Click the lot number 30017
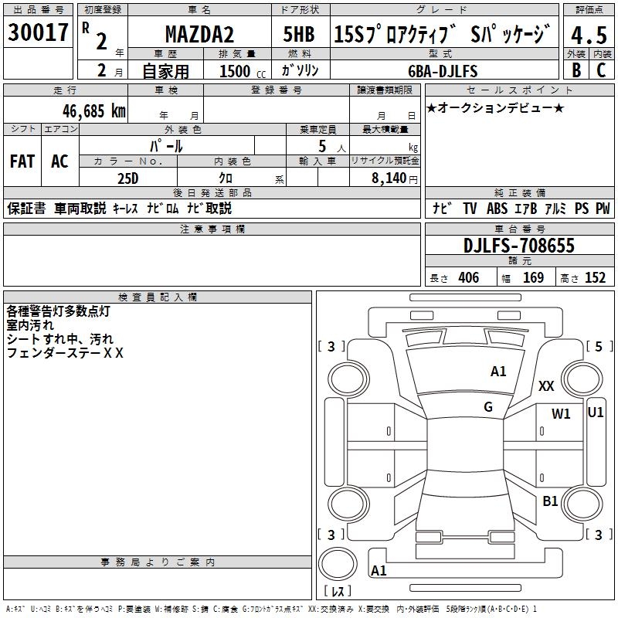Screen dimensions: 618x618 [38, 33]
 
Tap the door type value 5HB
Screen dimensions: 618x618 [298, 35]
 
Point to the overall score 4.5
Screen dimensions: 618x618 [589, 35]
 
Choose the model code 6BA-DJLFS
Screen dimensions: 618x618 [443, 71]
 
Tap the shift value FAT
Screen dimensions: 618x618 [22, 161]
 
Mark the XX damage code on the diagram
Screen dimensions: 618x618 [546, 386]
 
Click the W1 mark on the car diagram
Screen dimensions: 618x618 [561, 414]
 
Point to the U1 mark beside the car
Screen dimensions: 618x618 [596, 413]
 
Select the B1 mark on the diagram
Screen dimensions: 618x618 [550, 501]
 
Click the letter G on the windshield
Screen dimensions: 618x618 [488, 407]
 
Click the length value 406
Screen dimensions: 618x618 [467, 278]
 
